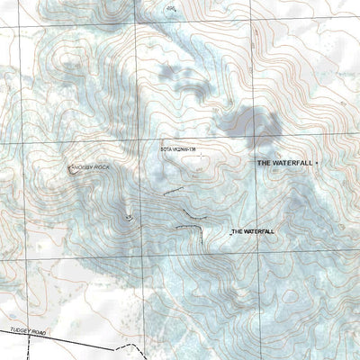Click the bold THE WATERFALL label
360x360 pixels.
tap(285, 163)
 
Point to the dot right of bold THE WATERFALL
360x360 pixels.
tap(318, 162)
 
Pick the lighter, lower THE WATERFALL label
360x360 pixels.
tap(253, 231)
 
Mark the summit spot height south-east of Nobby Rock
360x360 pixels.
tap(131, 217)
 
